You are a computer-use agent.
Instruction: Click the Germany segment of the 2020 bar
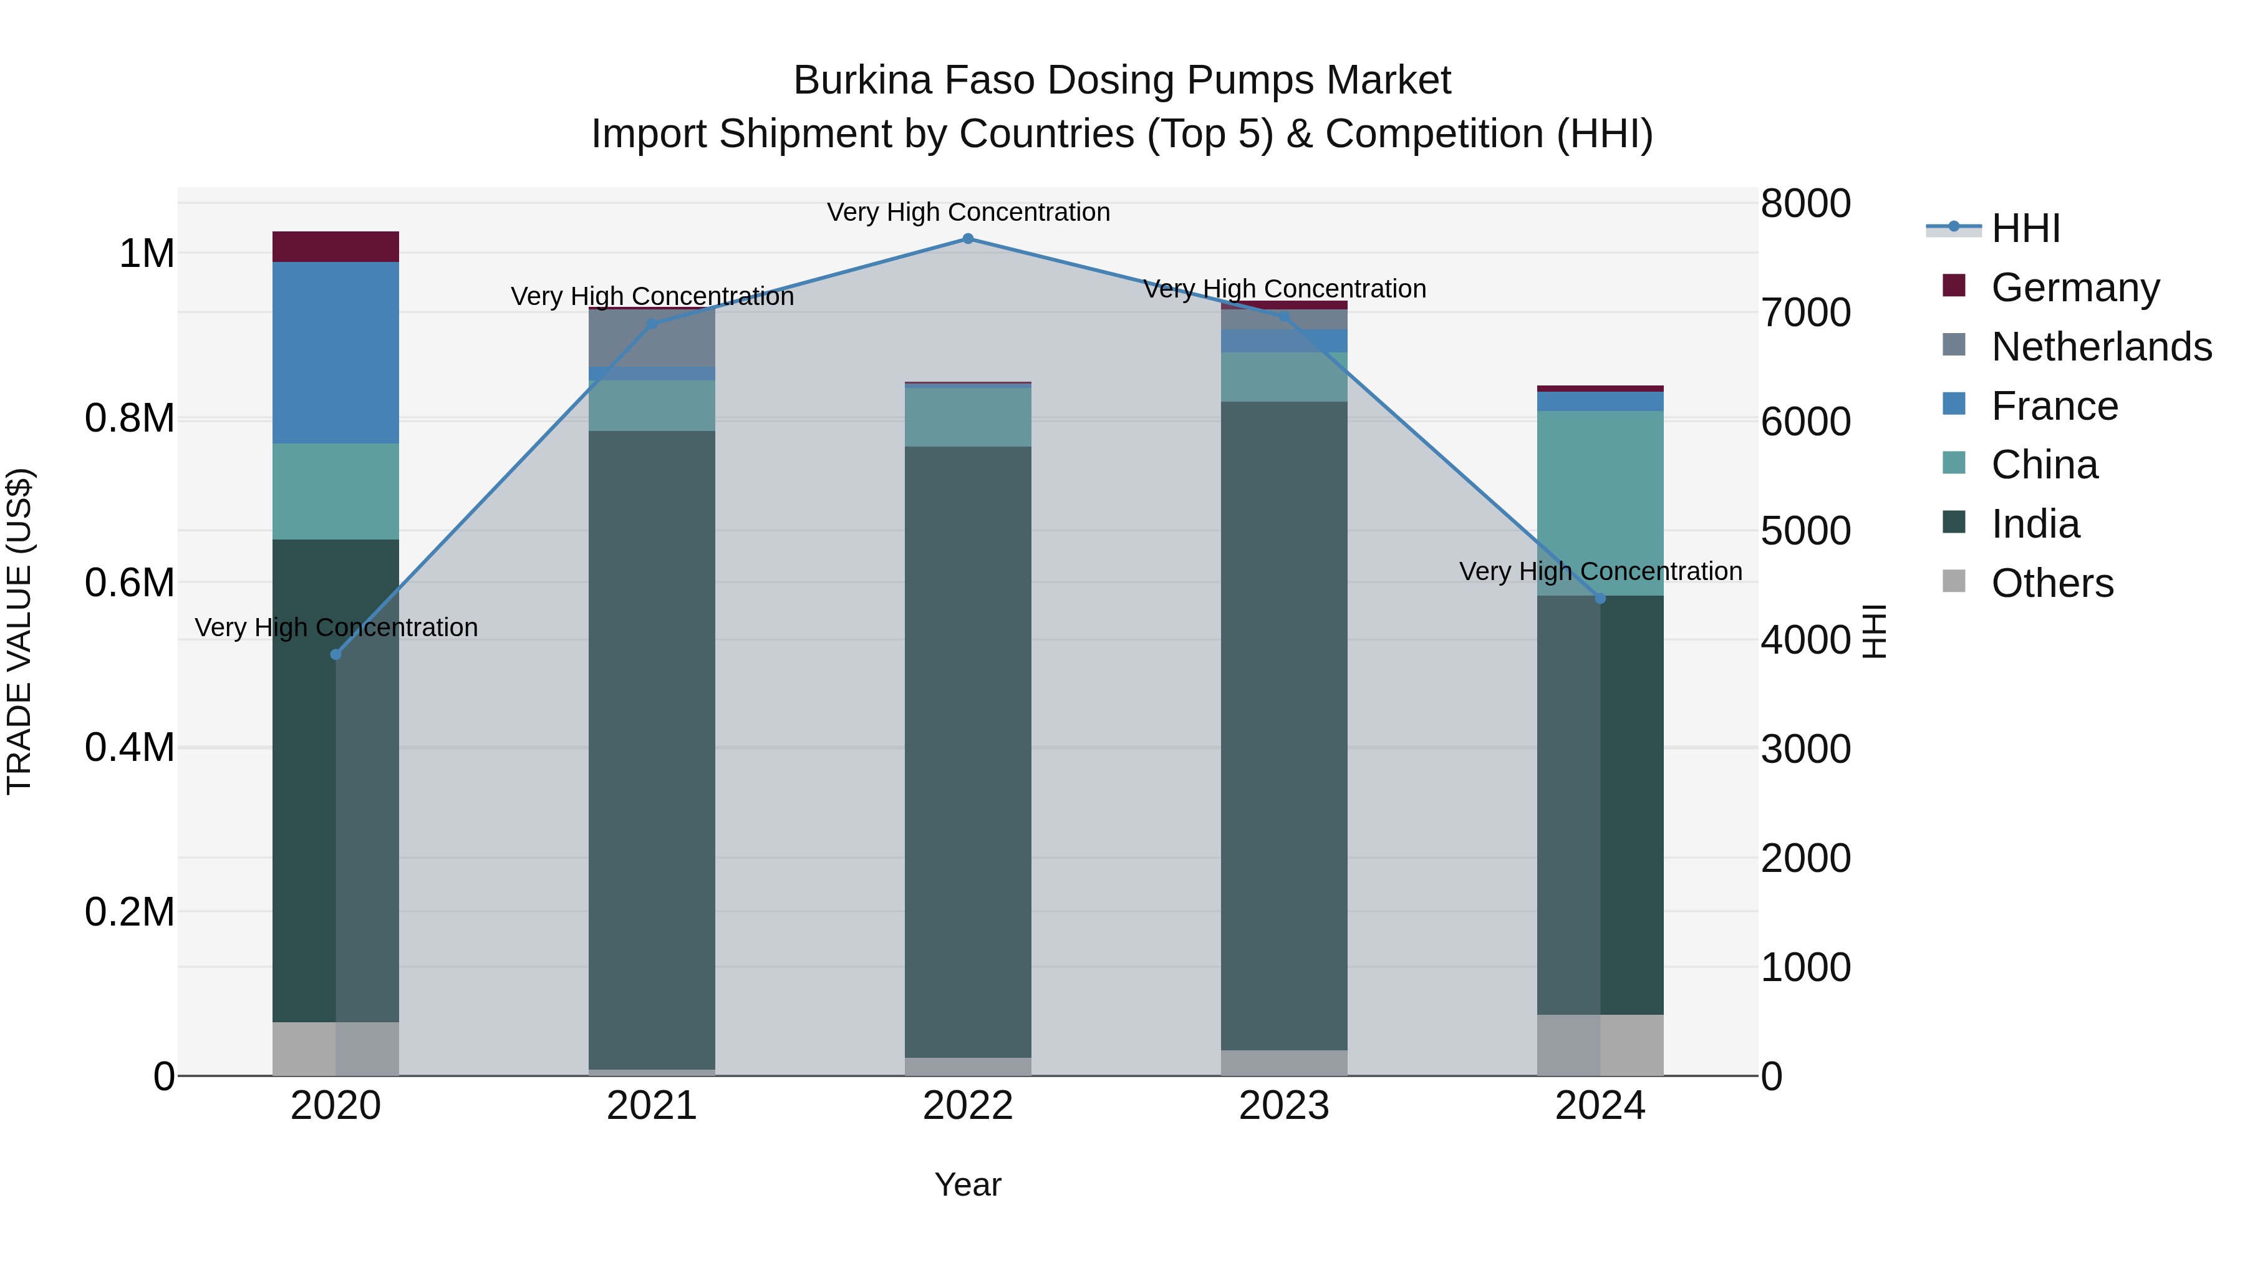point(336,246)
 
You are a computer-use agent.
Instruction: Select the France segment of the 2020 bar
point(336,352)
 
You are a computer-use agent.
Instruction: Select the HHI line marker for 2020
point(336,655)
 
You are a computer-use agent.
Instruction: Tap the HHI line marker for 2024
point(1600,599)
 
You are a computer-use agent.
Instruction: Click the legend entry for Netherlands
point(2100,347)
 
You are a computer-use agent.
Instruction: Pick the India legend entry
point(2034,525)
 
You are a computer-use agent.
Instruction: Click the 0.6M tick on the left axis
point(130,583)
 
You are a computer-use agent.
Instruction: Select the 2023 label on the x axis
point(1284,1106)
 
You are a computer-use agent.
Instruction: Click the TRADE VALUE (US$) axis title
point(19,631)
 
